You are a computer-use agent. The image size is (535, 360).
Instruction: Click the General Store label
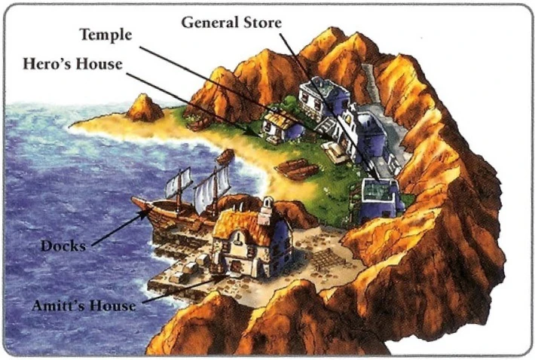231,23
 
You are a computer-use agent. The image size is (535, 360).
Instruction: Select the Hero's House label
73,64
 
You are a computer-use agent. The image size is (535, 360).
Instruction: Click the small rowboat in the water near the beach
225,157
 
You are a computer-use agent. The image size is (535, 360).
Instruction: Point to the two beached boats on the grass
297,168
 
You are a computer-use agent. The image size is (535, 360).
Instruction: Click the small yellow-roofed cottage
283,124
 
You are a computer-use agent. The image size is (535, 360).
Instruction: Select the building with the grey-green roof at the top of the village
323,98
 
